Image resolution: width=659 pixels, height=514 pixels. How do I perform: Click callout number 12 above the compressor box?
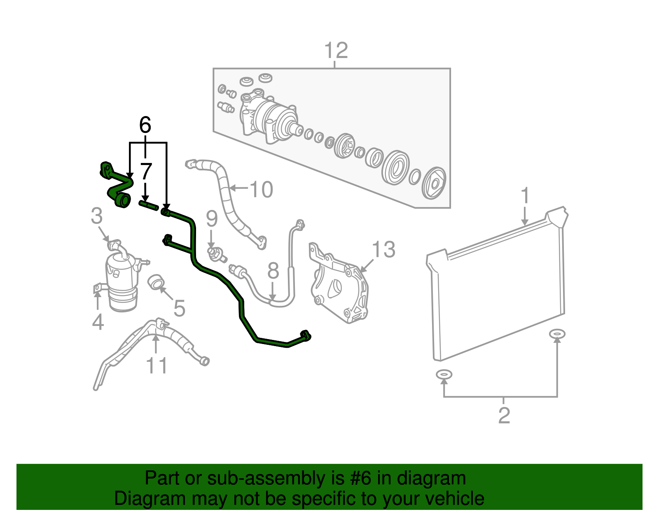pyautogui.click(x=336, y=51)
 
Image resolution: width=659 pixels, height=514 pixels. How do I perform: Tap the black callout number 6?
pyautogui.click(x=145, y=125)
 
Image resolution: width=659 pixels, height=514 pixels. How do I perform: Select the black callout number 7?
pyautogui.click(x=145, y=171)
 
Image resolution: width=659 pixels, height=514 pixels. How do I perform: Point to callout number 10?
pyautogui.click(x=261, y=189)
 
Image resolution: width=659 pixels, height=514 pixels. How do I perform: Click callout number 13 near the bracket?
pyautogui.click(x=383, y=249)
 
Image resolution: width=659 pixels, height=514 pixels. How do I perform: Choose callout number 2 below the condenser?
pyautogui.click(x=504, y=415)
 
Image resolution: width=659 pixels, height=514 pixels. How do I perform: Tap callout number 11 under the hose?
pyautogui.click(x=157, y=365)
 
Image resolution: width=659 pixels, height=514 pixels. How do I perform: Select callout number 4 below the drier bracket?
pyautogui.click(x=98, y=322)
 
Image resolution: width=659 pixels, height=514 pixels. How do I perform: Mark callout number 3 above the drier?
pyautogui.click(x=97, y=216)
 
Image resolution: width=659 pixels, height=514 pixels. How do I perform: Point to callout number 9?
pyautogui.click(x=211, y=219)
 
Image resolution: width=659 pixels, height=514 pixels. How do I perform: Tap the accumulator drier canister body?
pyautogui.click(x=121, y=280)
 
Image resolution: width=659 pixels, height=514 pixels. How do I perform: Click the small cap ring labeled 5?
pyautogui.click(x=156, y=282)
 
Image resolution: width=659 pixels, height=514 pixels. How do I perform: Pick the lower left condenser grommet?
pyautogui.click(x=444, y=374)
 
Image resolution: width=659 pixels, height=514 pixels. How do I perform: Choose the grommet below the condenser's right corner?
pyautogui.click(x=557, y=333)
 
